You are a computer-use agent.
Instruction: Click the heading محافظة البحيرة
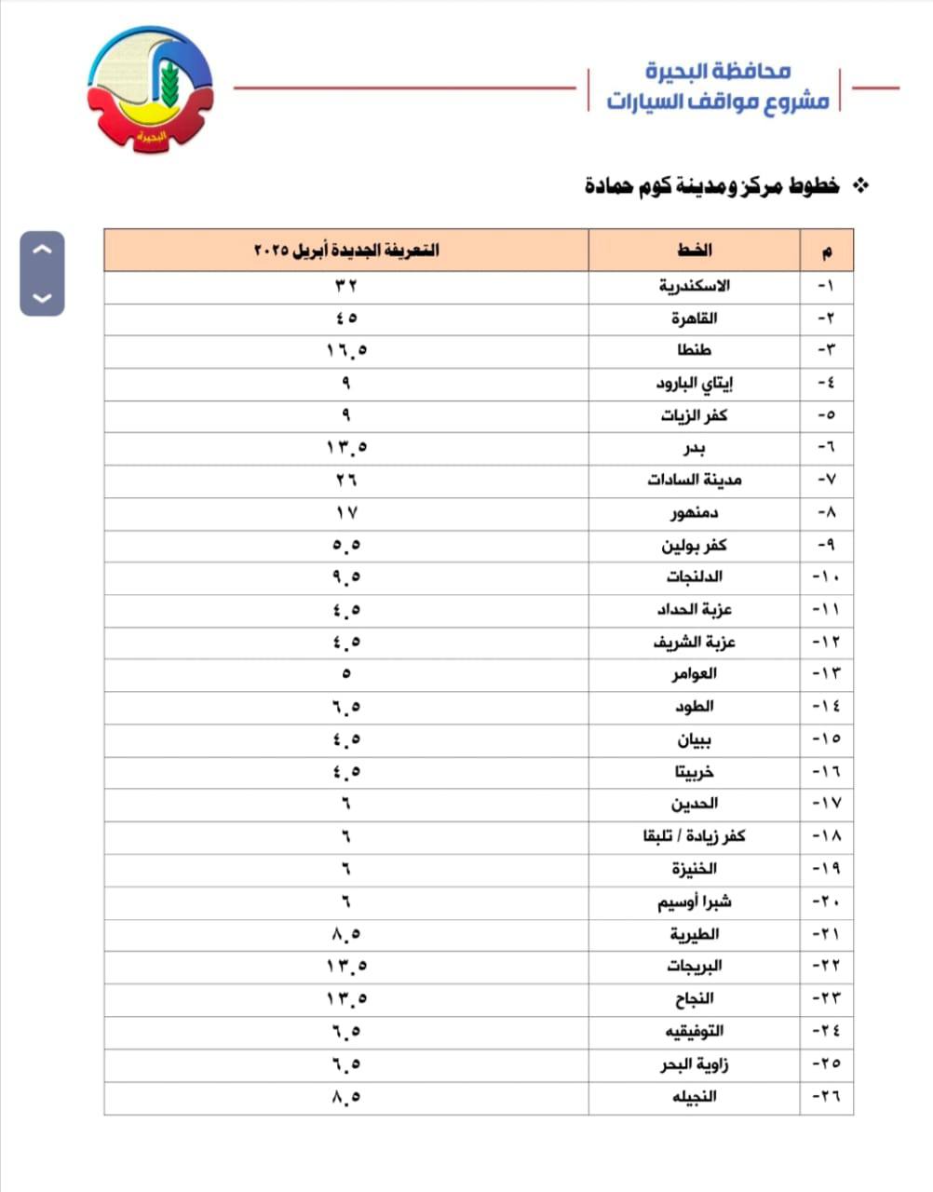(x=717, y=70)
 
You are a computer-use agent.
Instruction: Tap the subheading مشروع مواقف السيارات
(x=717, y=101)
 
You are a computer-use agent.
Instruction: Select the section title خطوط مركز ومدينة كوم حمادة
(x=712, y=185)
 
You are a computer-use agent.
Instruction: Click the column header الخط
(x=695, y=251)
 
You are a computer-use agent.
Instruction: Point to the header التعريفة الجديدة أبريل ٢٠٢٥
(x=346, y=251)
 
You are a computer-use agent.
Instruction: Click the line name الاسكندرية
(x=695, y=285)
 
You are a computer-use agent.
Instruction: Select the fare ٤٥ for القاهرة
(x=346, y=318)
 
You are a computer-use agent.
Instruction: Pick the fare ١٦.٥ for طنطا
(x=346, y=350)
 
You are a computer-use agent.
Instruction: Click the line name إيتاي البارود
(x=695, y=383)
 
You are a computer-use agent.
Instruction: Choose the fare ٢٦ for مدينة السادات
(x=346, y=481)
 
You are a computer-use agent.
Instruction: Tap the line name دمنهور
(x=695, y=513)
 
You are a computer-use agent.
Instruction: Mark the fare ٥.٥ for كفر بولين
(x=346, y=545)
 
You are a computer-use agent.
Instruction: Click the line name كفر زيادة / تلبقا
(x=695, y=836)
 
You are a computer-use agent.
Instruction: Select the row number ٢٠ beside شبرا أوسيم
(x=826, y=901)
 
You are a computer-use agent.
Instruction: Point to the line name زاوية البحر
(x=695, y=1063)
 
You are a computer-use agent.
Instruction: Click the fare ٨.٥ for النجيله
(x=346, y=1096)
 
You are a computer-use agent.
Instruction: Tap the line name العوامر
(x=695, y=674)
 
